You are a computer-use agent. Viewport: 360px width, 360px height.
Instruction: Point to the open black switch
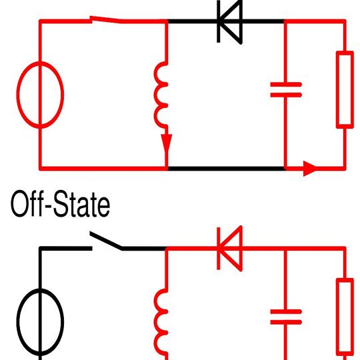(x=107, y=241)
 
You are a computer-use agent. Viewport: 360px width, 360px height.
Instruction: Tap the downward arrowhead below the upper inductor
(x=166, y=144)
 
